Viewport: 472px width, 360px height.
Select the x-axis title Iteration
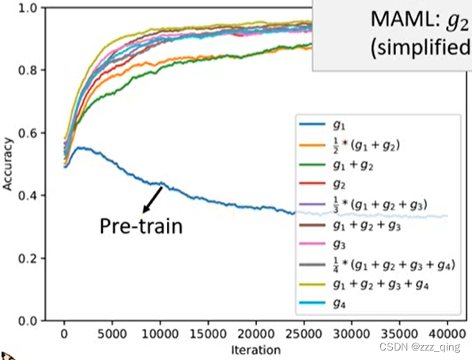coord(255,349)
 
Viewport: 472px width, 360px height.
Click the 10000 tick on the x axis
coord(160,335)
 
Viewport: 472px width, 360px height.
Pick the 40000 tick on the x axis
coord(447,335)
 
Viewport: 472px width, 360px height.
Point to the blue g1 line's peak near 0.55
coord(79,147)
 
